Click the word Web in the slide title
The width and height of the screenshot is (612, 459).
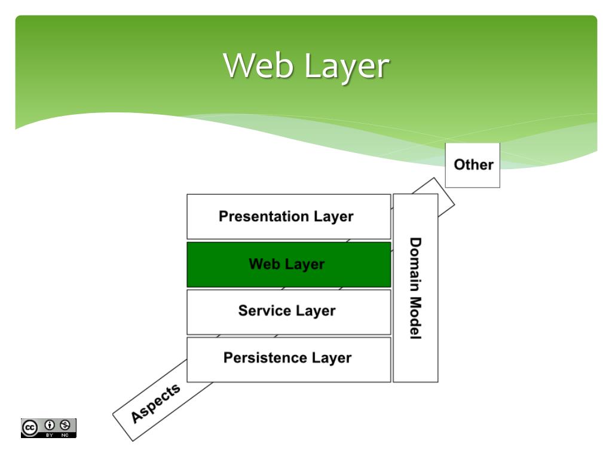tap(258, 65)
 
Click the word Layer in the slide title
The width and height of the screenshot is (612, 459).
tap(347, 68)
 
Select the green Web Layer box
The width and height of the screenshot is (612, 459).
tap(289, 265)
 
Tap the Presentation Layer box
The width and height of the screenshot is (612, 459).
tap(289, 216)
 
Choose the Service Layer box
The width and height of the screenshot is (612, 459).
tap(289, 312)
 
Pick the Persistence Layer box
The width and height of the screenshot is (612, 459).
tap(289, 359)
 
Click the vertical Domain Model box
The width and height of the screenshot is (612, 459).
tap(416, 288)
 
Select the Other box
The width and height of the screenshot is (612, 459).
tap(473, 165)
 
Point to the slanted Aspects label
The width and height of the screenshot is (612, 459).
tap(155, 403)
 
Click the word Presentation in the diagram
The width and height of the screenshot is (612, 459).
tap(264, 216)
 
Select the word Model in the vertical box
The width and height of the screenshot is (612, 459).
tap(415, 318)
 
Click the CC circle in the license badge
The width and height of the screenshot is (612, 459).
tap(30, 428)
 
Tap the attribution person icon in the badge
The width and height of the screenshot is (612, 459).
tap(50, 425)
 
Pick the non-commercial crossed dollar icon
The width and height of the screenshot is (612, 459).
tap(65, 425)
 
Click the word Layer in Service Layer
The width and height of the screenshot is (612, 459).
tap(316, 311)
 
